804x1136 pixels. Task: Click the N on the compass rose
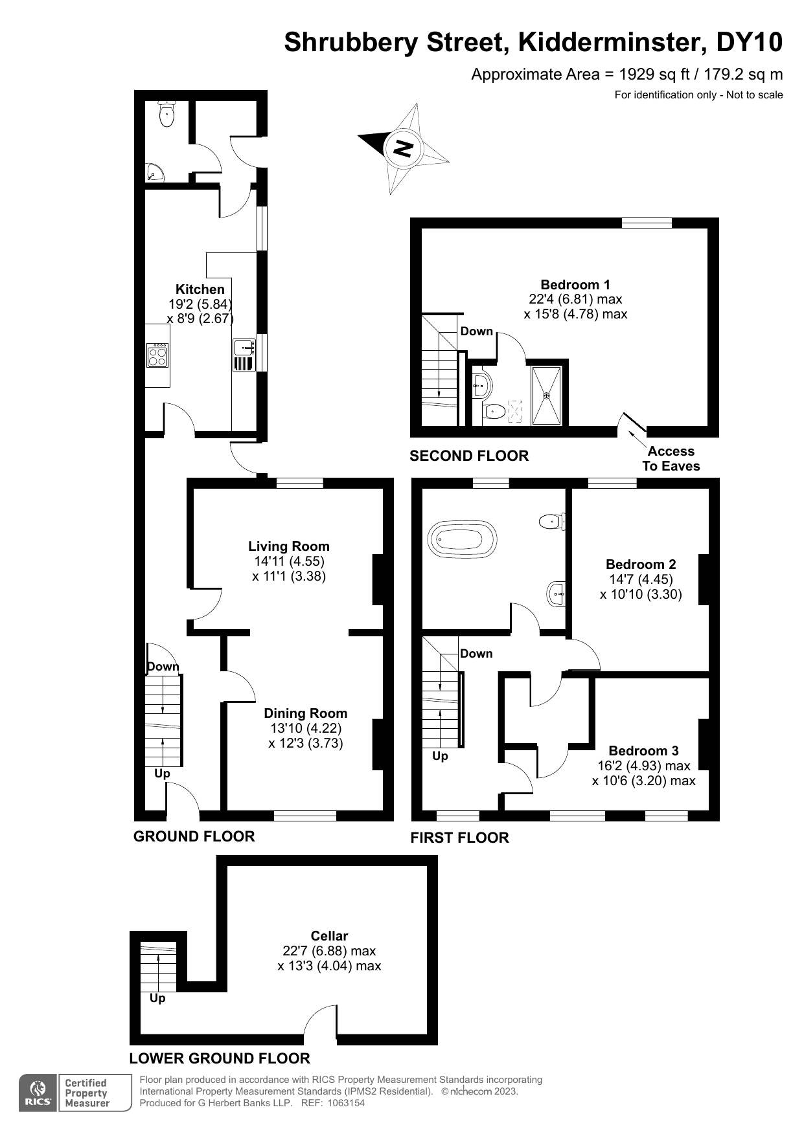point(403,148)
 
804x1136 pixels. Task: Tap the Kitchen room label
point(200,289)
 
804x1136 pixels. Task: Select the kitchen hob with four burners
point(158,355)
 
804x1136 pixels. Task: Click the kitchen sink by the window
point(244,355)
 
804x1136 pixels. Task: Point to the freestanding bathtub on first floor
point(462,539)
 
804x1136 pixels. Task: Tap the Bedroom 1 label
point(575,284)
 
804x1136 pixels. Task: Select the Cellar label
point(329,935)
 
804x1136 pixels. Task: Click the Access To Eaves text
point(671,458)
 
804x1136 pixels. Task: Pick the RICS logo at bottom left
point(38,1093)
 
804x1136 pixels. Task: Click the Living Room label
point(289,546)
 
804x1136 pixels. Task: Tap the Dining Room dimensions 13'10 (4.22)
point(306,728)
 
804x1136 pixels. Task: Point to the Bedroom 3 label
point(643,750)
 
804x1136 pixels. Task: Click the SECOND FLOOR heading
point(469,456)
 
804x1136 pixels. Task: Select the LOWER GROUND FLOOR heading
point(220,1058)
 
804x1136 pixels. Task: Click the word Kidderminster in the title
point(612,43)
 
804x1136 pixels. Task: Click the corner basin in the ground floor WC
point(154,173)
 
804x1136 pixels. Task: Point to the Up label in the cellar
point(157,998)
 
